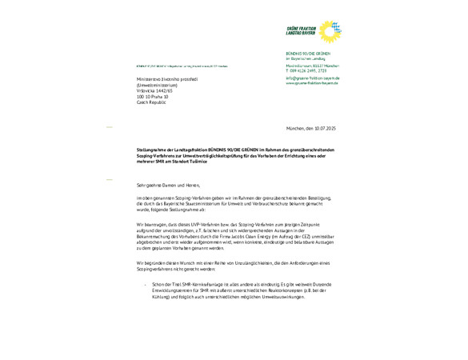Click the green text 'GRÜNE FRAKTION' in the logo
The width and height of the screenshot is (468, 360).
pos(302,29)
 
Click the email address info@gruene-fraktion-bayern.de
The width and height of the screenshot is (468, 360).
pos(313,78)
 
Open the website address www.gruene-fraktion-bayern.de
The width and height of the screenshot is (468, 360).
pos(313,82)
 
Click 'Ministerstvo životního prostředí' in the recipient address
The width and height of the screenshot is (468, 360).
pos(162,79)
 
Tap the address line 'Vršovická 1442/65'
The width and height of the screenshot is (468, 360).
pos(154,91)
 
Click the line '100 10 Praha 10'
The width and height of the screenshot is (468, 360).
pos(152,97)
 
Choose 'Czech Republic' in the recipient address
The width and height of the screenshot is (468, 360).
pos(150,102)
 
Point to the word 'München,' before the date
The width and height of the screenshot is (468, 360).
pos(297,128)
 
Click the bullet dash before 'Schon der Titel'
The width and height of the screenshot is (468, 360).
pos(146,284)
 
